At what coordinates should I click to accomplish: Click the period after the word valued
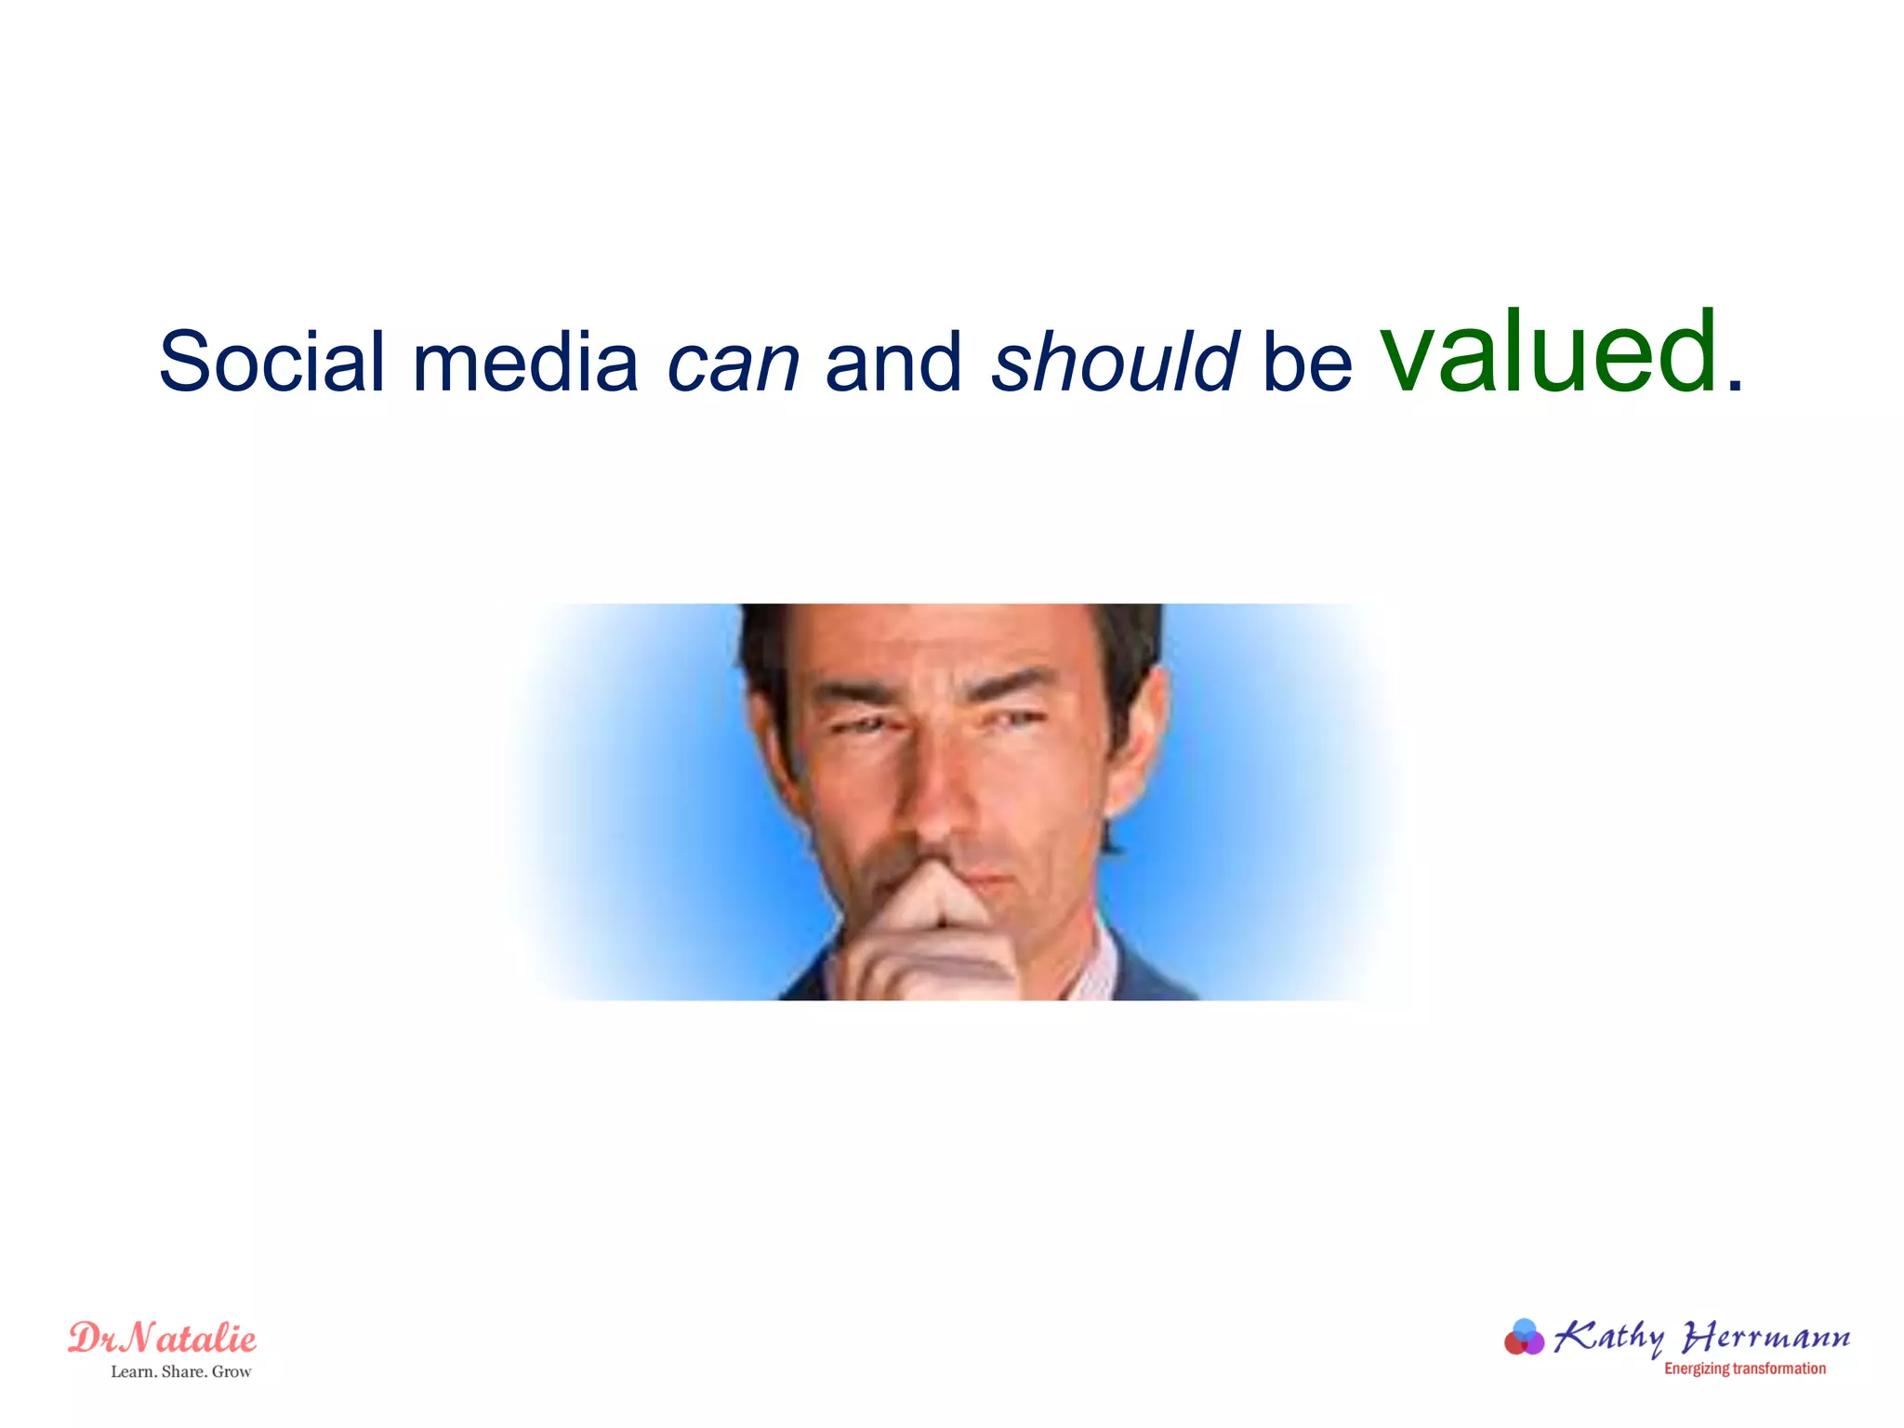pos(1734,386)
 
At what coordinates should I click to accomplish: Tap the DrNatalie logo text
pos(163,1339)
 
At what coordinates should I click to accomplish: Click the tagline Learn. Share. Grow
pos(181,1371)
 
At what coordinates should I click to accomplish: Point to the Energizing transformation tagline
pos(1744,1368)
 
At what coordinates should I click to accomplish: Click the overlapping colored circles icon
pos(1524,1338)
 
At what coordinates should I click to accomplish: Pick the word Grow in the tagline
pos(231,1371)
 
